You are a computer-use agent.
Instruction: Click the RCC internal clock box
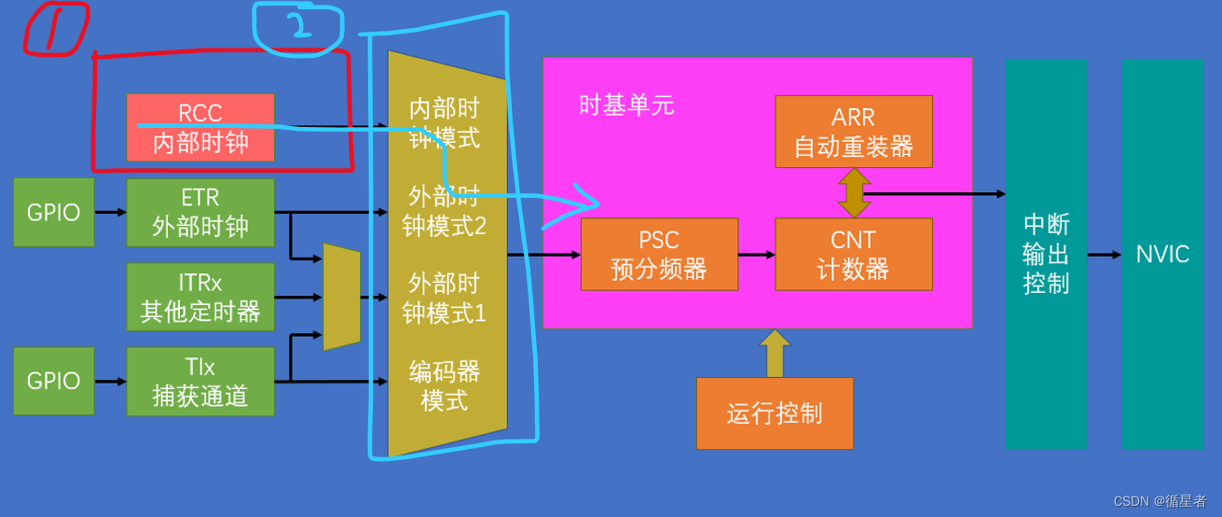pyautogui.click(x=200, y=127)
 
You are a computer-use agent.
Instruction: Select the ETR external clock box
pyautogui.click(x=200, y=212)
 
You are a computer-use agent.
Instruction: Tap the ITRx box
pyautogui.click(x=200, y=297)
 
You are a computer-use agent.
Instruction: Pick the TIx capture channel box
pyautogui.click(x=200, y=381)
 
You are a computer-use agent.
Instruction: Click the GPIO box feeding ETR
pyautogui.click(x=53, y=212)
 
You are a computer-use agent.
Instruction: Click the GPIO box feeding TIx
pyautogui.click(x=53, y=381)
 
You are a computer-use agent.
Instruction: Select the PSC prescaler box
pyautogui.click(x=659, y=254)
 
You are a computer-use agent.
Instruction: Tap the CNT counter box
pyautogui.click(x=853, y=254)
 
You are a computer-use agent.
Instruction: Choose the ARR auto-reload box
pyautogui.click(x=853, y=132)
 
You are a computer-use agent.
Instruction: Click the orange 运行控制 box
pyautogui.click(x=775, y=412)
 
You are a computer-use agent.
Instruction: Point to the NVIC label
pyautogui.click(x=1162, y=254)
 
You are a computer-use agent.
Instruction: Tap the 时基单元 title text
pyautogui.click(x=626, y=105)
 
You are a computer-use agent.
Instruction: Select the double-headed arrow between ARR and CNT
pyautogui.click(x=854, y=192)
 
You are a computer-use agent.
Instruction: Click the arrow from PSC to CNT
pyautogui.click(x=756, y=254)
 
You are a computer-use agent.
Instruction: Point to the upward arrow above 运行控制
pyautogui.click(x=775, y=353)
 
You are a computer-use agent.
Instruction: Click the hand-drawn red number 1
pyautogui.click(x=53, y=29)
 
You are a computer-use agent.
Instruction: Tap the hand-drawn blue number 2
pyautogui.click(x=299, y=27)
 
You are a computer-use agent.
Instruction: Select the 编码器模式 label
pyautogui.click(x=445, y=385)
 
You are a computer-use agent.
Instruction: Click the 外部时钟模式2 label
pyautogui.click(x=445, y=211)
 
